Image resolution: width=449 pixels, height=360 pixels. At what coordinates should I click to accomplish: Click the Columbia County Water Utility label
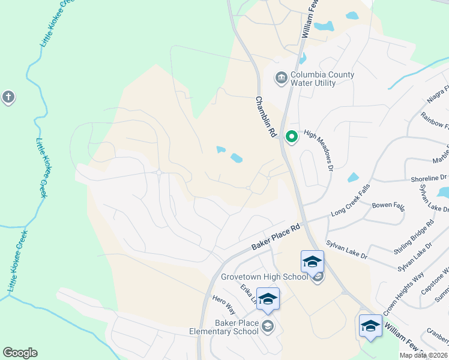pyautogui.click(x=322, y=79)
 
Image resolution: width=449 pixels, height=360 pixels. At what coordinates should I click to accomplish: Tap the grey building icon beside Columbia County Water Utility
pyautogui.click(x=280, y=78)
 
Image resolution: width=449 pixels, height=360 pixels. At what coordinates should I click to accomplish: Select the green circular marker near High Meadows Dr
pyautogui.click(x=292, y=137)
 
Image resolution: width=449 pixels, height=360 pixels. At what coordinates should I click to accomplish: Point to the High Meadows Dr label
pyautogui.click(x=319, y=150)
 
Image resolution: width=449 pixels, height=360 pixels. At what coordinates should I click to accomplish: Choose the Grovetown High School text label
pyautogui.click(x=264, y=277)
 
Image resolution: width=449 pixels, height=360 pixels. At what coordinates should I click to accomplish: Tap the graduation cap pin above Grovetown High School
pyautogui.click(x=312, y=262)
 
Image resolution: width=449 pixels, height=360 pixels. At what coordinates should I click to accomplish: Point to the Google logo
pyautogui.click(x=20, y=353)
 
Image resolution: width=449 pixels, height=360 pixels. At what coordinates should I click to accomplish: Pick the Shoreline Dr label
pyautogui.click(x=430, y=178)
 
